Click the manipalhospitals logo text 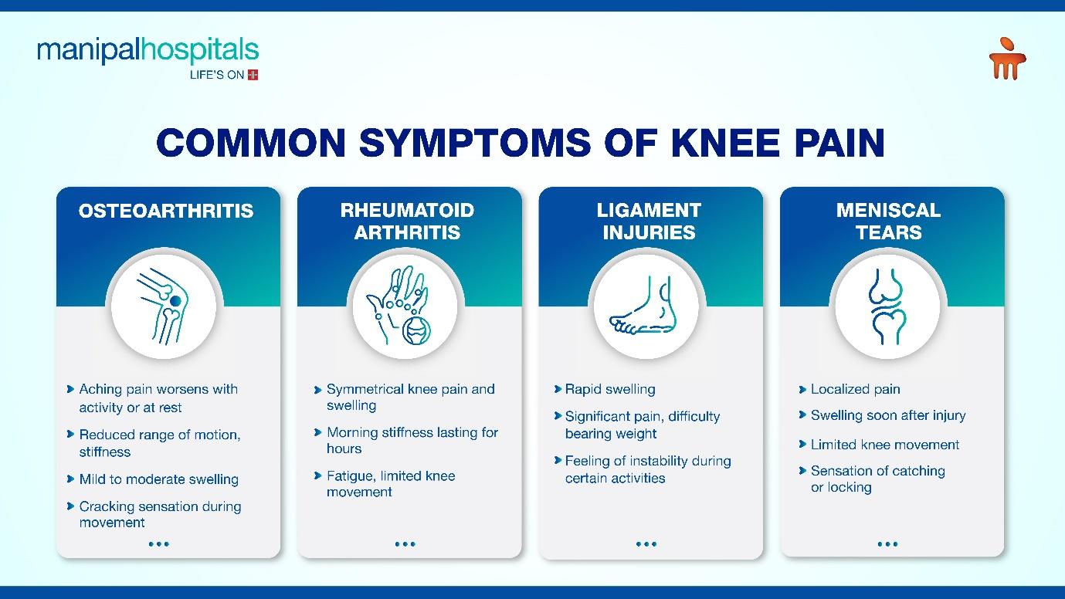[x=148, y=50]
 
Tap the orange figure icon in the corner [x=1008, y=59]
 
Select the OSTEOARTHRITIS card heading [x=166, y=211]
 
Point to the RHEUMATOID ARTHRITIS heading [x=408, y=222]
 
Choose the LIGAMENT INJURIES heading [x=649, y=222]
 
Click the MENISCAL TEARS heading [x=889, y=222]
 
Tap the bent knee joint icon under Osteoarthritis [x=163, y=306]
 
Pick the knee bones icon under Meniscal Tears [x=887, y=306]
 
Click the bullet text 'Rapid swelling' [x=610, y=390]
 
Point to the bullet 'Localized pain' [x=856, y=390]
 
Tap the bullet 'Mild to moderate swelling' [x=159, y=479]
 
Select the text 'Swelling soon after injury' [x=888, y=415]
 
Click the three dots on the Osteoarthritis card [x=159, y=544]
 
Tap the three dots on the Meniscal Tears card [x=887, y=544]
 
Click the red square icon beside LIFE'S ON [x=253, y=75]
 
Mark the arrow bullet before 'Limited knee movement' [x=802, y=444]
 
